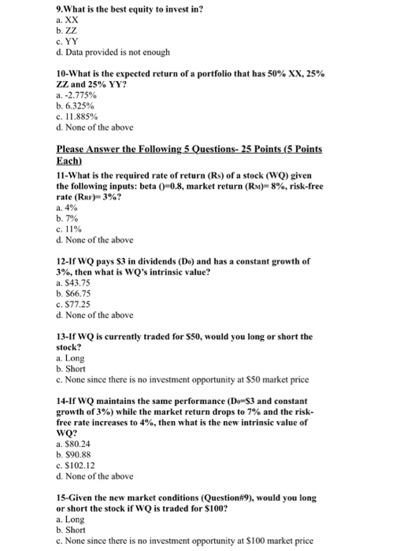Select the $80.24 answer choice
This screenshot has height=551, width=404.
(x=74, y=441)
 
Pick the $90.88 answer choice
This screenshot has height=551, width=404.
(x=74, y=452)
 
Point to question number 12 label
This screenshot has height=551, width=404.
(x=63, y=261)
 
